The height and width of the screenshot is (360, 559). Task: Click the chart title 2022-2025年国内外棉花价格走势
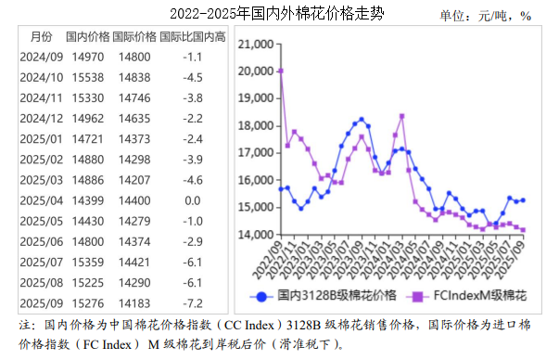[277, 13]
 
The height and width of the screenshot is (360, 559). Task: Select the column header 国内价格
[89, 37]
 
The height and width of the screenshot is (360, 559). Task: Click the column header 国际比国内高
[193, 37]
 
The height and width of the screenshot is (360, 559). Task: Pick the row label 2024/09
[41, 58]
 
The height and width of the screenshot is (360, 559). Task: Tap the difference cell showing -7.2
[193, 302]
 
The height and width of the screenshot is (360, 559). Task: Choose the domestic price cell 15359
[89, 261]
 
